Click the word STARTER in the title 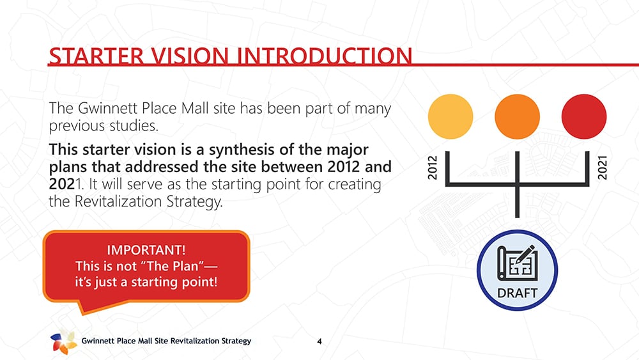coord(96,56)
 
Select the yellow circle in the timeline coord(450,116)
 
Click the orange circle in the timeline coord(517,116)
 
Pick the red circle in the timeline coord(584,116)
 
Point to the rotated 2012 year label coord(433,167)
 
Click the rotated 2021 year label coord(603,167)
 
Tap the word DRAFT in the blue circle coord(517,293)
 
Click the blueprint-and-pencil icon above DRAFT coord(517,262)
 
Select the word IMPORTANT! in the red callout coord(146,249)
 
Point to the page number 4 coord(319,341)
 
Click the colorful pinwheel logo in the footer coord(63,341)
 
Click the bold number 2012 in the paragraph coord(344,167)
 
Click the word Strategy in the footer coord(236,341)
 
